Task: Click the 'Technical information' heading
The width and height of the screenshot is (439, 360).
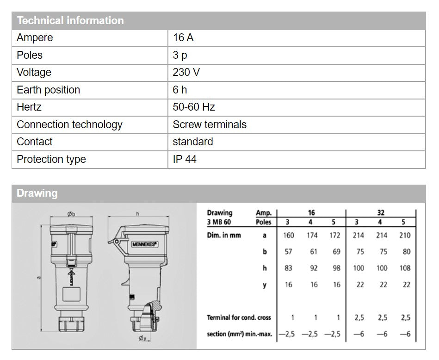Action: [70, 21]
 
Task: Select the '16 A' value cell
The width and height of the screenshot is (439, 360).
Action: [183, 38]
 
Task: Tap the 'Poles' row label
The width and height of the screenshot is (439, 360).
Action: [30, 55]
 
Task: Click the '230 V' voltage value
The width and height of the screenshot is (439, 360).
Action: [187, 73]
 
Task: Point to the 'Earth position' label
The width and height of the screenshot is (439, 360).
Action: [48, 90]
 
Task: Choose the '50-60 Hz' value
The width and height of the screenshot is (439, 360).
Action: [194, 107]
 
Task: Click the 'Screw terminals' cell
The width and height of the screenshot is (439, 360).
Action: [210, 124]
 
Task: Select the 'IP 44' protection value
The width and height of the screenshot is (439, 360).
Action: [185, 159]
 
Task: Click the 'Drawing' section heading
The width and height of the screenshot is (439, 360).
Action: [37, 193]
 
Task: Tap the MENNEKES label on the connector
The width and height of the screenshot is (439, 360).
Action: [145, 243]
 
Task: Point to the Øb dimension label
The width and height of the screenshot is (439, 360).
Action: [71, 214]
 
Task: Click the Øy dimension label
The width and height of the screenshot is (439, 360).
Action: [143, 339]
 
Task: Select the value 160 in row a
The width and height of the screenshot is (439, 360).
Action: [288, 235]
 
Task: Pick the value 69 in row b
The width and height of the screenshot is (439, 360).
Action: [336, 252]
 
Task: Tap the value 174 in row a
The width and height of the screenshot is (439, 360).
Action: [312, 235]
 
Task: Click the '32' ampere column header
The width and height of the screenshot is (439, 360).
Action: [381, 213]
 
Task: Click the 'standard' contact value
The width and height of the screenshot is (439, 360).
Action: [193, 142]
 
